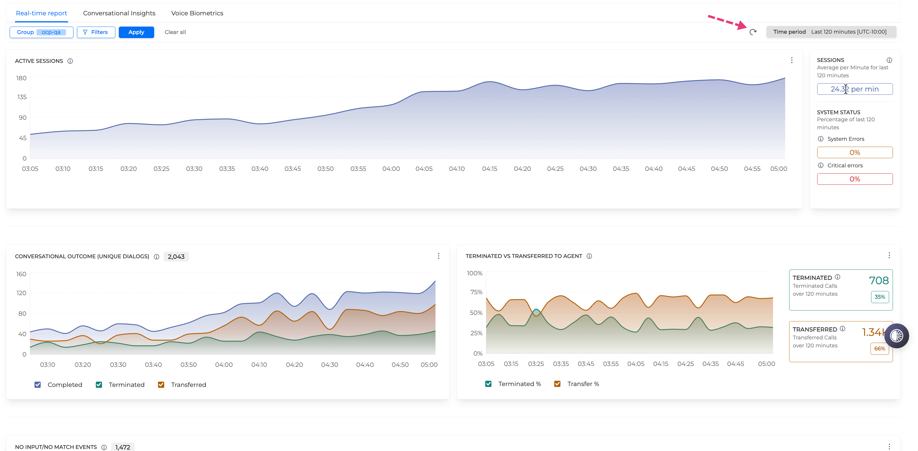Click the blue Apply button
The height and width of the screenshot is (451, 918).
click(x=136, y=32)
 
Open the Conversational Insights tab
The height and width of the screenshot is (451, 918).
click(x=119, y=13)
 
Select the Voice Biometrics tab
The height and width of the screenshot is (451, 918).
click(x=197, y=13)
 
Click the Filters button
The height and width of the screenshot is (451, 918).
click(x=96, y=32)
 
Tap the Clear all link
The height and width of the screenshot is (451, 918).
click(x=175, y=32)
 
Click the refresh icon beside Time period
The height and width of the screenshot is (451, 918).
click(x=753, y=32)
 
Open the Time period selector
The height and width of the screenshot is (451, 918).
click(x=831, y=32)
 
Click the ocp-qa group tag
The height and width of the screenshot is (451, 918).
click(x=51, y=32)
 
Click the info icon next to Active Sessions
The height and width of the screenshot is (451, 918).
click(x=70, y=61)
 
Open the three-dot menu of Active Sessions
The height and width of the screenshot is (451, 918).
click(x=792, y=60)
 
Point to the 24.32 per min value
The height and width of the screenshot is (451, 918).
click(x=855, y=89)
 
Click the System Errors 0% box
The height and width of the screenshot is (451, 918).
click(x=855, y=152)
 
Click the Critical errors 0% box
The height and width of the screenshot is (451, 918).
click(x=855, y=179)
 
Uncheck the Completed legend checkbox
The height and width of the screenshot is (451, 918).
click(x=37, y=385)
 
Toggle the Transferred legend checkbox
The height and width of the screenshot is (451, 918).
click(x=161, y=385)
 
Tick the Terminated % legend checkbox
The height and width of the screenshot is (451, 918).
click(x=488, y=384)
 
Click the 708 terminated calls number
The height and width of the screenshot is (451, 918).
click(x=879, y=280)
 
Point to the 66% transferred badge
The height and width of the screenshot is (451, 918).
click(x=879, y=349)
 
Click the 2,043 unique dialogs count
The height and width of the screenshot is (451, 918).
click(x=176, y=256)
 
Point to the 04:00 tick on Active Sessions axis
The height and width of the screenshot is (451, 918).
click(x=391, y=169)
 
